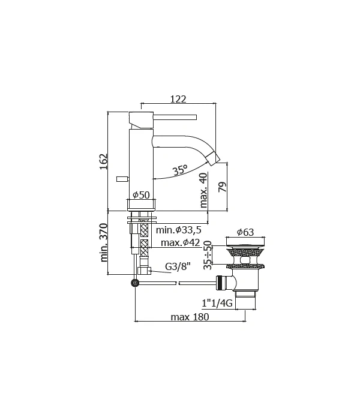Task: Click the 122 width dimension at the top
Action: pos(178,99)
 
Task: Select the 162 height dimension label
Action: pos(103,161)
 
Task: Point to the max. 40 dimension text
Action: pos(203,190)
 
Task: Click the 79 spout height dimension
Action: pos(222,187)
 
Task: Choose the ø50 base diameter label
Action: pos(141,195)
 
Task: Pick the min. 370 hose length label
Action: pos(103,243)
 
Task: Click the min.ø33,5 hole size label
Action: pos(178,230)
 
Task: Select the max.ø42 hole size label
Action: pos(180,242)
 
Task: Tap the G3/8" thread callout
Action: pos(178,266)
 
